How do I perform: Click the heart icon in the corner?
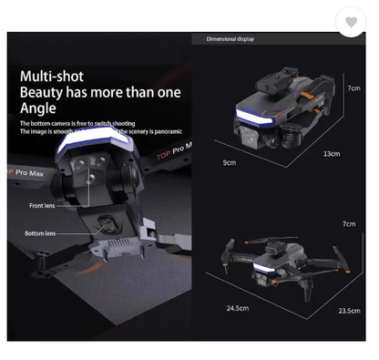point(352,22)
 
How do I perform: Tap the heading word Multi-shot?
point(51,77)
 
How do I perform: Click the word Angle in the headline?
point(37,108)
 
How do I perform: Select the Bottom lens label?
point(39,233)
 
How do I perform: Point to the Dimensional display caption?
point(230,39)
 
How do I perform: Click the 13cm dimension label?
point(332,154)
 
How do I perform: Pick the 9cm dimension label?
point(229,163)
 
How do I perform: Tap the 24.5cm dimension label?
point(237,308)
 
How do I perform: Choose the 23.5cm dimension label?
point(349,311)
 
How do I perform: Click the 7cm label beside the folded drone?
point(353,88)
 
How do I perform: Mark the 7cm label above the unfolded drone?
point(349,223)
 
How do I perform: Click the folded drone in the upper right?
point(273,113)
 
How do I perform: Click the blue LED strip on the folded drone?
point(254,119)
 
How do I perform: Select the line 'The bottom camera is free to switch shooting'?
point(77,123)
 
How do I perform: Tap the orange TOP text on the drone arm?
point(163,155)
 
